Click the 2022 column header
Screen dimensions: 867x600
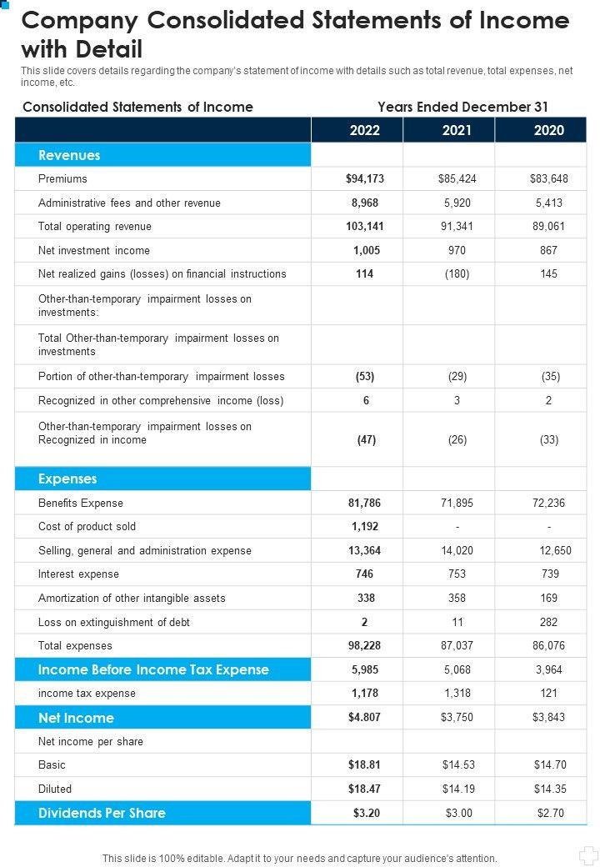[365, 130]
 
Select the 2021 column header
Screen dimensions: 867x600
[457, 130]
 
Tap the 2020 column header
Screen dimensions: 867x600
[548, 130]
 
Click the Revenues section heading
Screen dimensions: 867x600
[69, 155]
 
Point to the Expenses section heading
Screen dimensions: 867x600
[67, 479]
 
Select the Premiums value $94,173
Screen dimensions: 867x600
[365, 178]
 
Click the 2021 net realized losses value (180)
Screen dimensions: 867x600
[457, 273]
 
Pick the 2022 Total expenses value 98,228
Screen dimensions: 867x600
[364, 645]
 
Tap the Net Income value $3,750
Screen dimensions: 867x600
[457, 718]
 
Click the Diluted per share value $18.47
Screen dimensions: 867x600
[364, 789]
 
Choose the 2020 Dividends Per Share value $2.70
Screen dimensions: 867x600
[548, 813]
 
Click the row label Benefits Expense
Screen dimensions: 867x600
[81, 503]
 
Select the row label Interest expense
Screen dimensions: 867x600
[78, 574]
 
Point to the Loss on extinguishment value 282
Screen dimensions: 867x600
[548, 622]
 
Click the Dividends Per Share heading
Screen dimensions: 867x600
[102, 813]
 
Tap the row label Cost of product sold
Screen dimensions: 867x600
[87, 526]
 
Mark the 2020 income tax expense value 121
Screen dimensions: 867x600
[548, 693]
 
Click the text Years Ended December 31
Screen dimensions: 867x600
[462, 107]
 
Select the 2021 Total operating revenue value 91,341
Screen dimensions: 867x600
[457, 226]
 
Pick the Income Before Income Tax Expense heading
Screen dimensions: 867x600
[153, 669]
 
